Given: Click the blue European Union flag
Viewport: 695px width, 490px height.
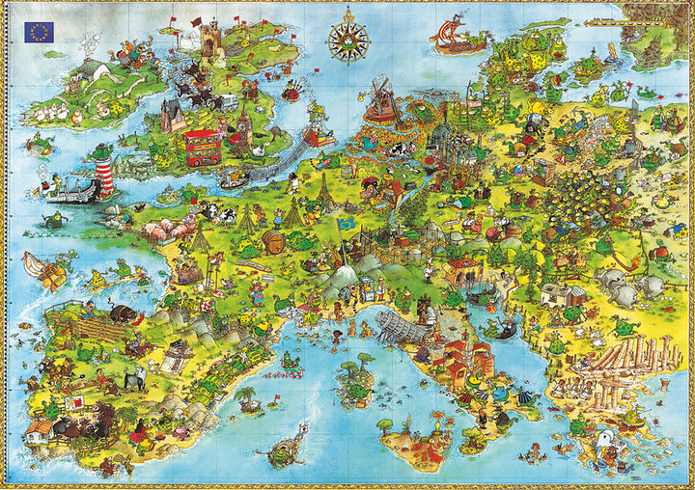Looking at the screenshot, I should pyautogui.click(x=40, y=31).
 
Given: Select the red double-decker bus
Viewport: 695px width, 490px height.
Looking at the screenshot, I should pyautogui.click(x=202, y=147).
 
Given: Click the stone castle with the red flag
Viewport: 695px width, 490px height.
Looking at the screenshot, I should pyautogui.click(x=210, y=39).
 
